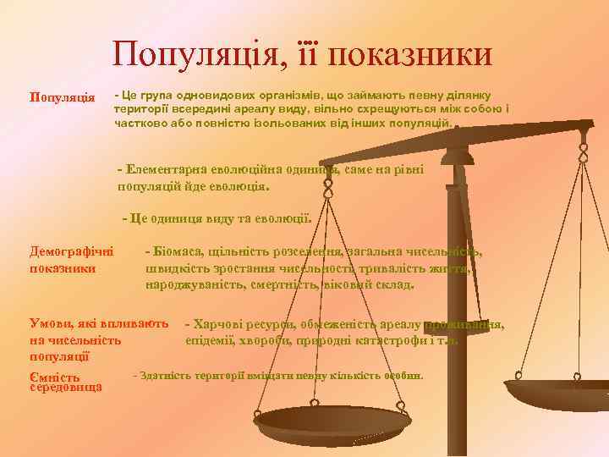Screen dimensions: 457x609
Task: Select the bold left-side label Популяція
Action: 62,96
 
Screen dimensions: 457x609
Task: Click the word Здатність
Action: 169,375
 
